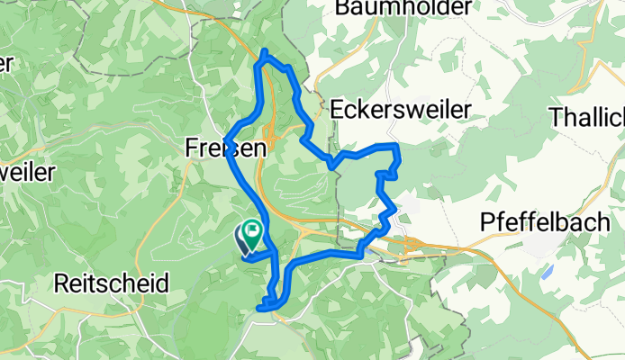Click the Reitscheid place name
pyautogui.click(x=112, y=283)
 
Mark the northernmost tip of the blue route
pyautogui.click(x=264, y=50)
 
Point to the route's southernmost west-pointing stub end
pyautogui.click(x=259, y=309)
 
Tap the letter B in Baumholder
pyautogui.click(x=341, y=8)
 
